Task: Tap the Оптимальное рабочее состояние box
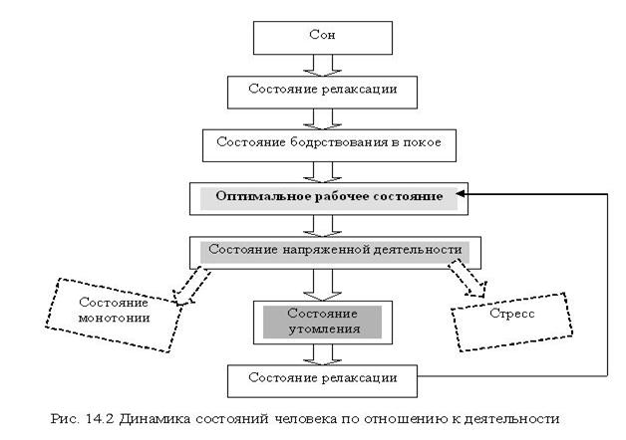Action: pyautogui.click(x=328, y=197)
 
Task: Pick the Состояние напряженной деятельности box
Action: pyautogui.click(x=328, y=250)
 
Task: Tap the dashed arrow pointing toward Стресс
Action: pyautogui.click(x=465, y=278)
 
